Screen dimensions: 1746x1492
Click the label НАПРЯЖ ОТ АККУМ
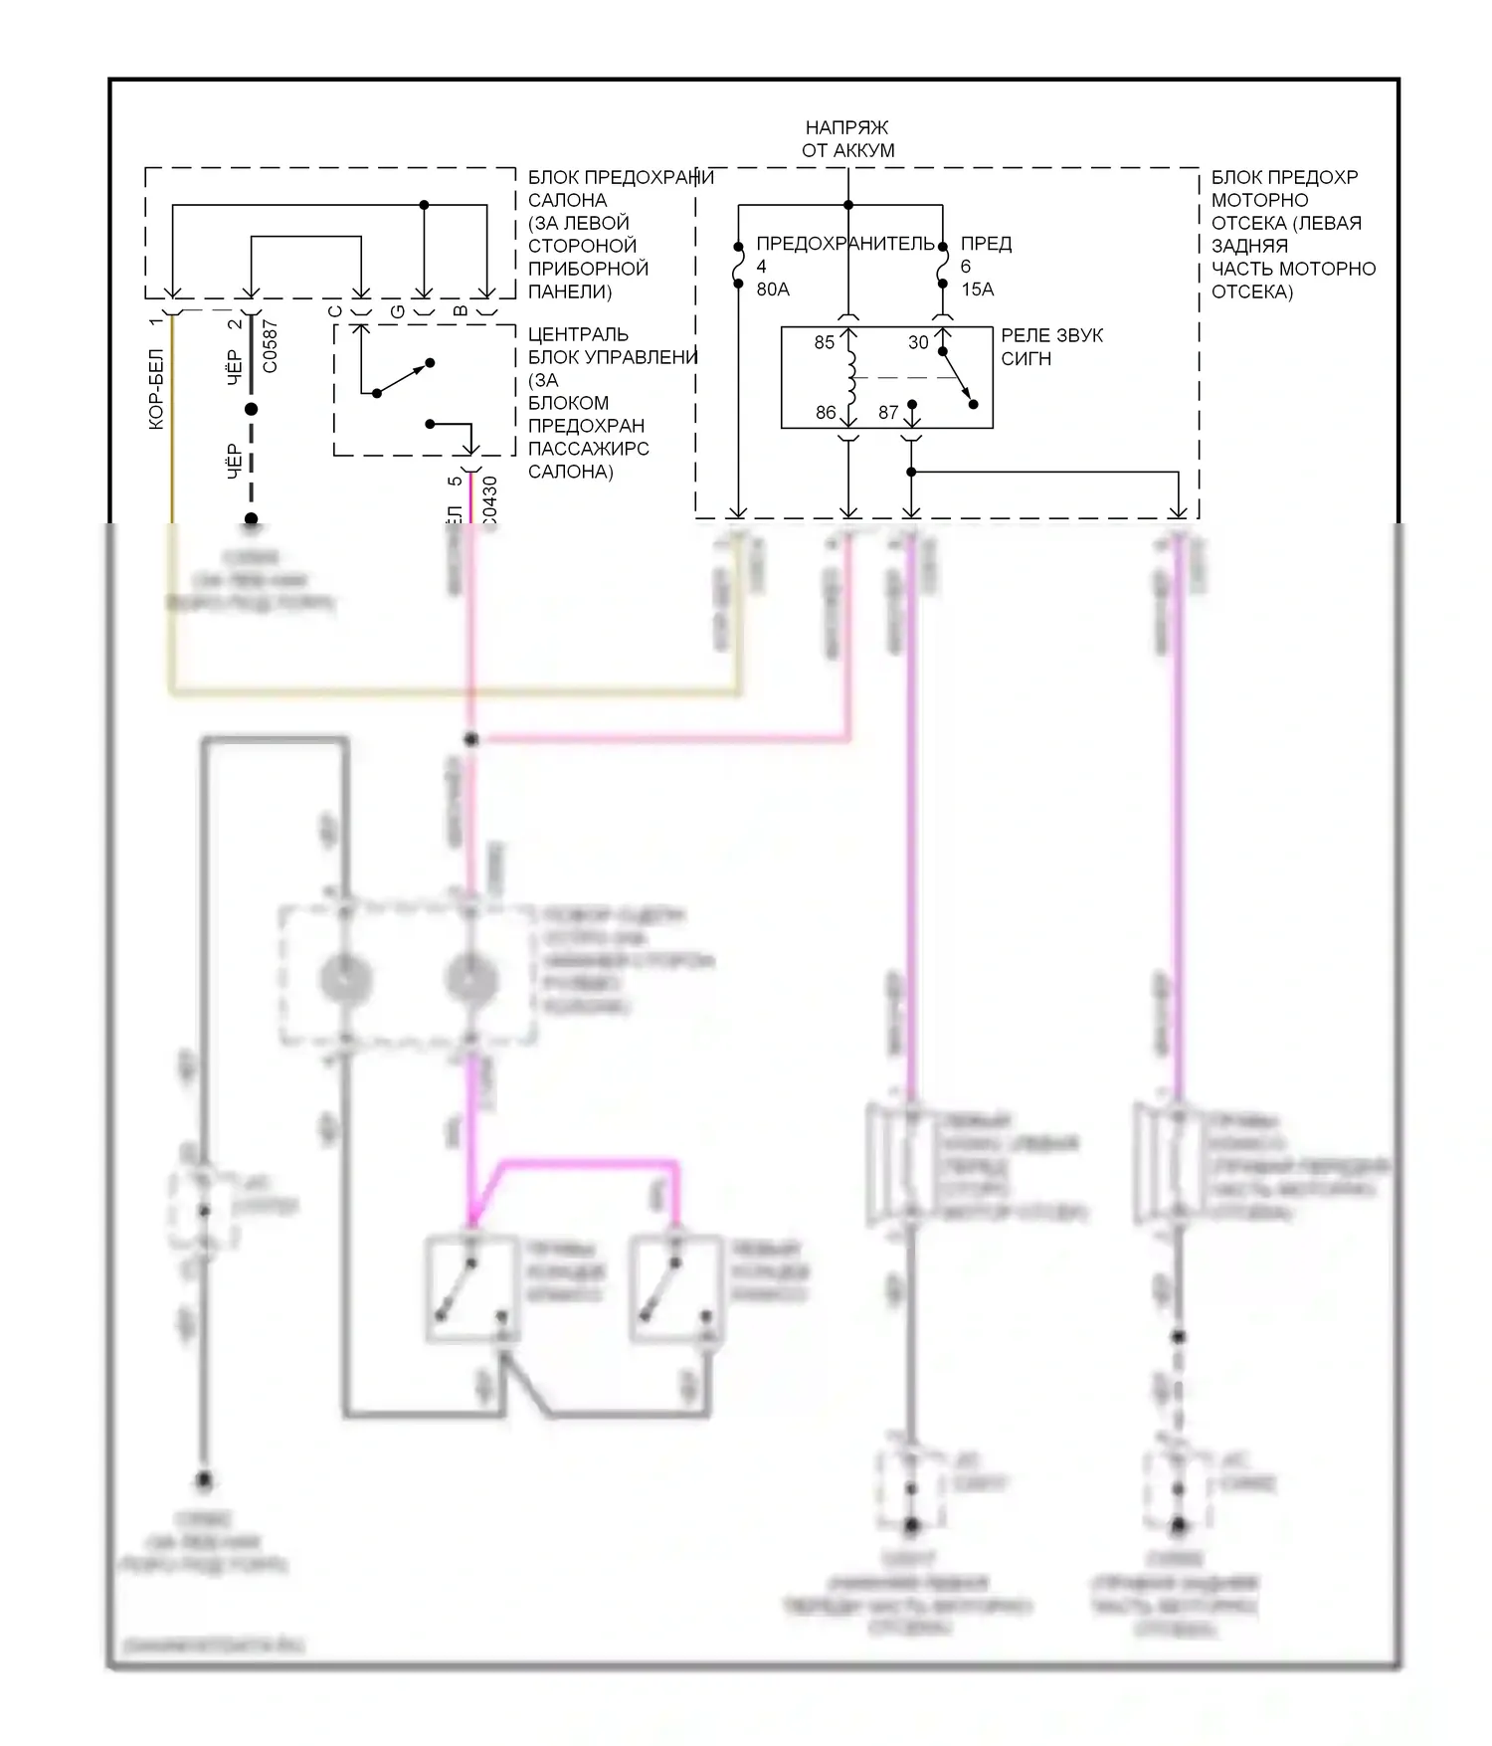pos(847,139)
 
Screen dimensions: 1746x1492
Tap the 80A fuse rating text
pos(773,290)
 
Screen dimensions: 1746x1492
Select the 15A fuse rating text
pos(977,290)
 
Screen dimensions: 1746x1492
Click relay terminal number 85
pos(825,343)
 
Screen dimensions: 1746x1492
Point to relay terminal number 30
pos(918,343)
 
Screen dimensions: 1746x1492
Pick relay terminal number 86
pos(826,412)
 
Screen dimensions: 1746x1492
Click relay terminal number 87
pos(888,412)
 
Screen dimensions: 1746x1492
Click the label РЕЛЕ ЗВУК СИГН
pos(1051,347)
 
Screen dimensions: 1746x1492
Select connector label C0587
pos(271,347)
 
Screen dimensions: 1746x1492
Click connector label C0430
pos(489,499)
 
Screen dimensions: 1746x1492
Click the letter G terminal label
pos(398,311)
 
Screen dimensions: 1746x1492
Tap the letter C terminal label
pos(335,311)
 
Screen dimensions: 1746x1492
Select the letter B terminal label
pos(461,311)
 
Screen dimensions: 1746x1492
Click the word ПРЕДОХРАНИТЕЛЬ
pos(845,244)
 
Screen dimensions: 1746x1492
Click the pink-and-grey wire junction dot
pos(471,739)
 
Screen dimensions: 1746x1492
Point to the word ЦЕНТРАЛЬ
pos(578,334)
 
